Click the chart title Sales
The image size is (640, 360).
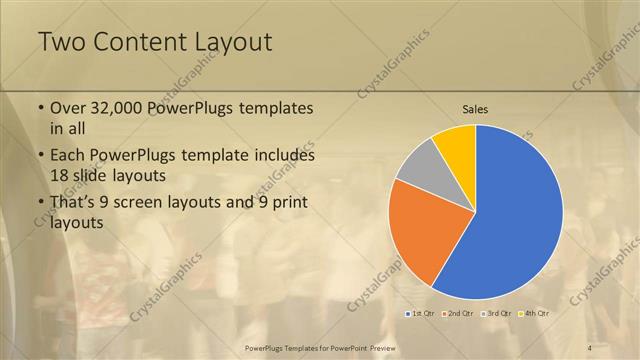click(x=475, y=109)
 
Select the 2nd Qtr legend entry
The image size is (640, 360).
click(x=459, y=313)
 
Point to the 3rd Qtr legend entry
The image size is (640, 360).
click(x=496, y=313)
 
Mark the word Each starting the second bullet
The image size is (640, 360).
click(x=68, y=156)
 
